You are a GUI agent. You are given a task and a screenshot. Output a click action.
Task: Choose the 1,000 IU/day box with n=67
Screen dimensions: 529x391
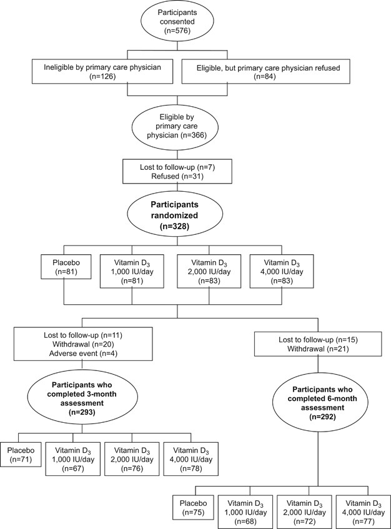pos(71,460)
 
